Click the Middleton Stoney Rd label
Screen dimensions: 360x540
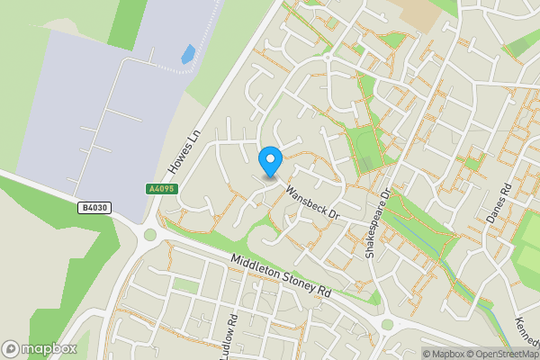[280, 274]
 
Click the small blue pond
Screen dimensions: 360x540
[188, 54]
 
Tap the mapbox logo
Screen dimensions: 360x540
[38, 348]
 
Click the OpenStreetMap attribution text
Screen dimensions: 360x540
[500, 354]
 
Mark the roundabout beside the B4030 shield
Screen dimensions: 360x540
[149, 235]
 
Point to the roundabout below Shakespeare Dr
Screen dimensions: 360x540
[387, 324]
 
